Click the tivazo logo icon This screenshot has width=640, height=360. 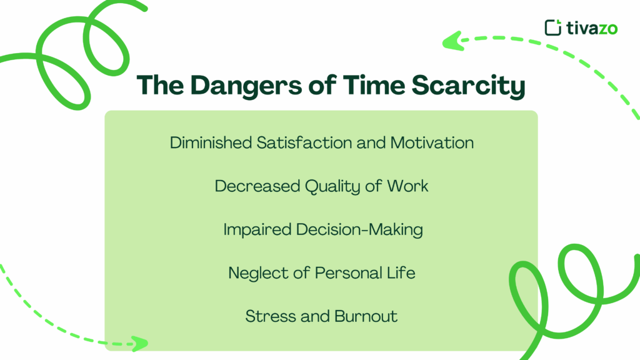(553, 27)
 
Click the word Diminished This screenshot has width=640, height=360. (211, 142)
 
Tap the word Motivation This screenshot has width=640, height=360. (432, 142)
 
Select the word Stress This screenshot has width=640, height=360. (266, 316)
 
